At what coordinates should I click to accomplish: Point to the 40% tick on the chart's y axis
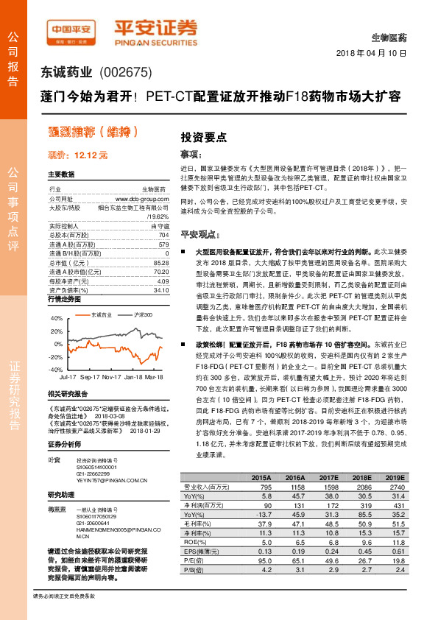(x=56, y=318)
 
